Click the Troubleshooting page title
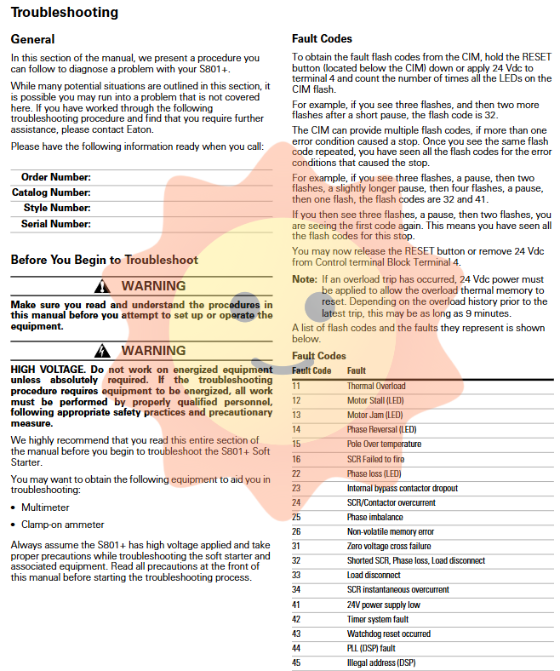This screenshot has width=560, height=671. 65,13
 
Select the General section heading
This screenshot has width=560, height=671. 32,39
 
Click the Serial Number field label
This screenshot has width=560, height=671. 55,224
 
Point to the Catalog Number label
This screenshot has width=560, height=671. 51,192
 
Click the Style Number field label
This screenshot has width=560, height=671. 57,208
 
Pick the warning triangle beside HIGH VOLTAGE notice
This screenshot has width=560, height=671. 103,351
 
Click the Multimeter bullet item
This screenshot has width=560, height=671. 45,508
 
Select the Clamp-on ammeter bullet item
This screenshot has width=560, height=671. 63,525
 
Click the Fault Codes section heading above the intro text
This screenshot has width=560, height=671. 322,39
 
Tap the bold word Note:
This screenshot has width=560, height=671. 304,279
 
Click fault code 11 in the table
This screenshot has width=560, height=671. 296,386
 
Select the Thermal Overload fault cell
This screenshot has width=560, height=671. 376,386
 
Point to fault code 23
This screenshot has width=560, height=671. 296,488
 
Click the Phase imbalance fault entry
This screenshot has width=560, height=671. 374,517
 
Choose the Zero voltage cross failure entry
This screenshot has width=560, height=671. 389,546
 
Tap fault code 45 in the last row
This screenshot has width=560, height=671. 296,662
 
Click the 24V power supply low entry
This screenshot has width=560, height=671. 384,605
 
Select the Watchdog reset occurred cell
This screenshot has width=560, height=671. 388,634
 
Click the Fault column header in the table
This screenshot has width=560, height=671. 357,370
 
